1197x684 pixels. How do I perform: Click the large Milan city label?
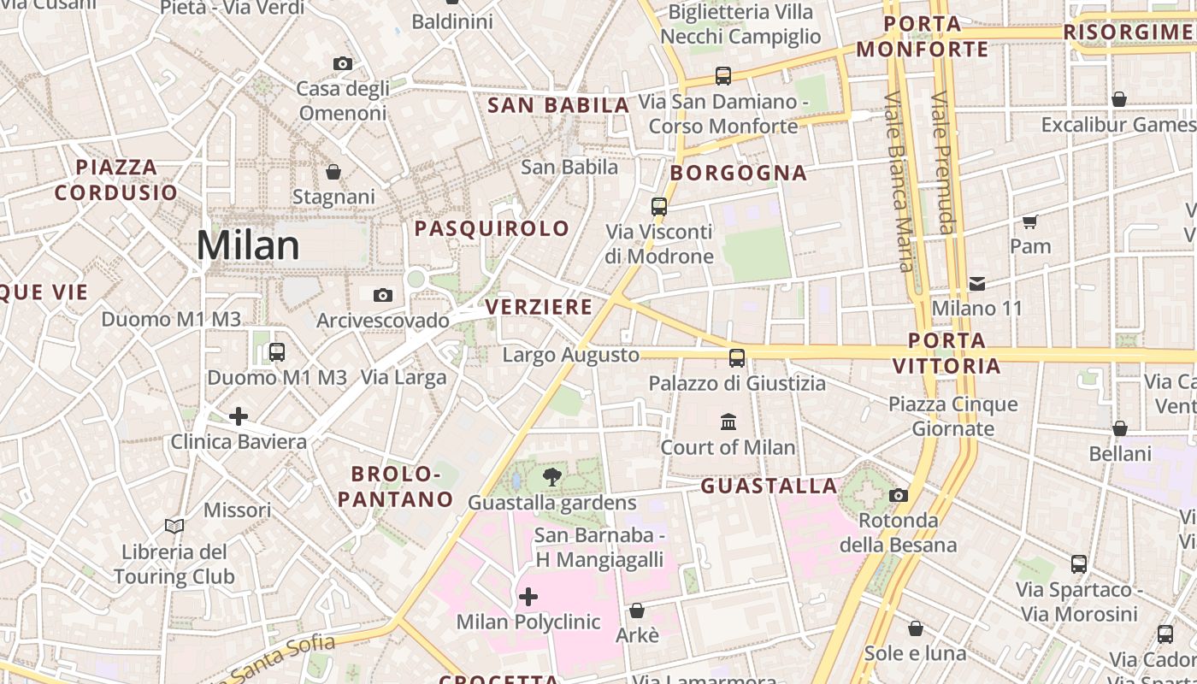pyautogui.click(x=248, y=246)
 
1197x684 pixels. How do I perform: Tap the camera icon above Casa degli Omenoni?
pyautogui.click(x=342, y=63)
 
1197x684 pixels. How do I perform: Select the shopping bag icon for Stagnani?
pyautogui.click(x=333, y=172)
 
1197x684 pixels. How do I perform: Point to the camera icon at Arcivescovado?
pyautogui.click(x=383, y=295)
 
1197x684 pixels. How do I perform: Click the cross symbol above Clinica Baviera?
pyautogui.click(x=239, y=416)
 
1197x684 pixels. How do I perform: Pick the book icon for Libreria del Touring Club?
pyautogui.click(x=174, y=526)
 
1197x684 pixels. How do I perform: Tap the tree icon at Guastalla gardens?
pyautogui.click(x=552, y=477)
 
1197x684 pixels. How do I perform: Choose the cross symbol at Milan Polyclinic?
pyautogui.click(x=528, y=596)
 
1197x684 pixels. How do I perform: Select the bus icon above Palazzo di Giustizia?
pyautogui.click(x=737, y=357)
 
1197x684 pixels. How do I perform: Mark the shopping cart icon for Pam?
pyautogui.click(x=1030, y=221)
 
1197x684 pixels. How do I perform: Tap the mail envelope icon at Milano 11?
pyautogui.click(x=977, y=283)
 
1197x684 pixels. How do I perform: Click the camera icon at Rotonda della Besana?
pyautogui.click(x=898, y=495)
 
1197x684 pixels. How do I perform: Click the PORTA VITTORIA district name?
pyautogui.click(x=946, y=353)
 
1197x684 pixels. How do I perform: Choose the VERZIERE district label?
pyautogui.click(x=539, y=306)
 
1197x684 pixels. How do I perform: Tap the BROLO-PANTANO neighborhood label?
pyautogui.click(x=395, y=486)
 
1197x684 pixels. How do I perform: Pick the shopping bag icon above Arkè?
pyautogui.click(x=636, y=610)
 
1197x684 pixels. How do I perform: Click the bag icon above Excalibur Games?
pyautogui.click(x=1118, y=100)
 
